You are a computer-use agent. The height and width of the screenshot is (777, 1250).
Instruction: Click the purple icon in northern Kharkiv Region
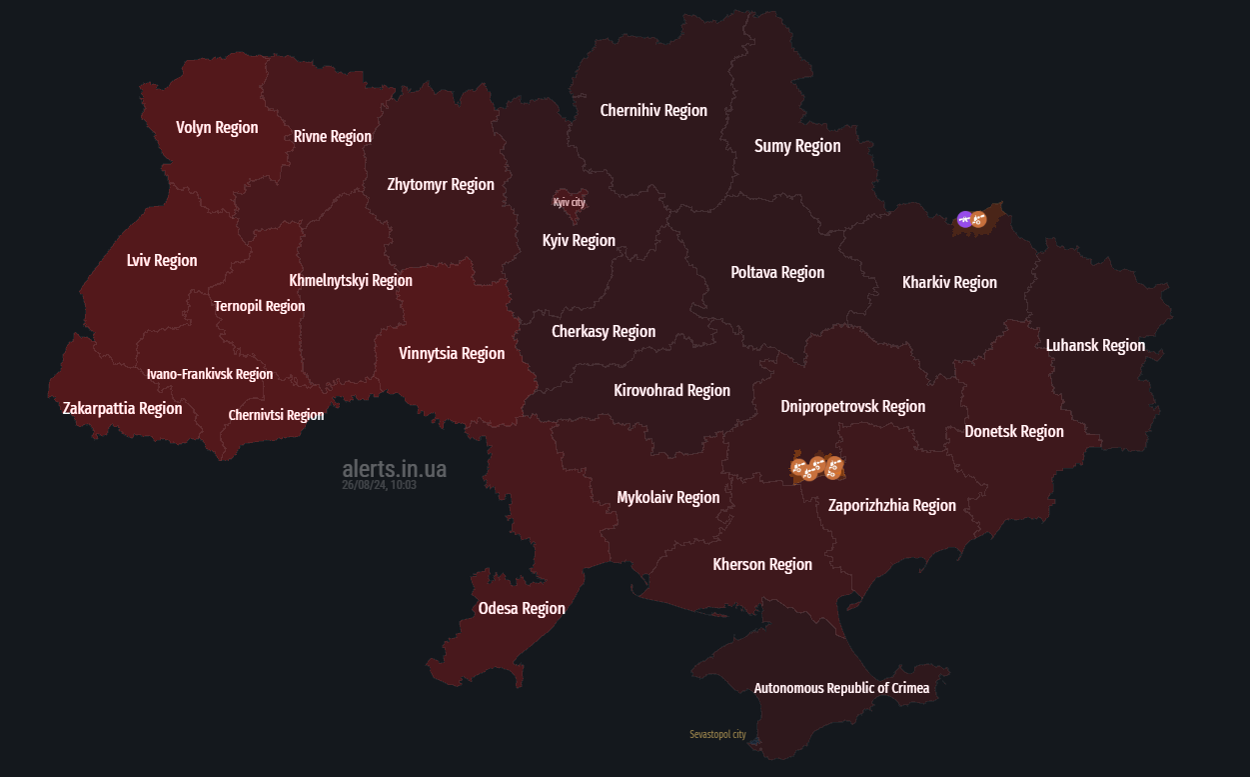(x=964, y=219)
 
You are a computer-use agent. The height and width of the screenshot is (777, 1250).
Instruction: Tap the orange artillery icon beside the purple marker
(x=979, y=219)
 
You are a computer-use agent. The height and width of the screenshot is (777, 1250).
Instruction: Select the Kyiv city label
(x=569, y=202)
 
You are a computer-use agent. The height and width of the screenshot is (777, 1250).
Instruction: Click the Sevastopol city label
(x=717, y=734)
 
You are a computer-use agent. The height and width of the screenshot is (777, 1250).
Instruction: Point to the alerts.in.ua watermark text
(x=394, y=469)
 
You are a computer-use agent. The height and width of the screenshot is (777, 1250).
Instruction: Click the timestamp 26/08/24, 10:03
(x=379, y=485)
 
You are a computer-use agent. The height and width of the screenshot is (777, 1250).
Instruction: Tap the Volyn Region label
(x=217, y=127)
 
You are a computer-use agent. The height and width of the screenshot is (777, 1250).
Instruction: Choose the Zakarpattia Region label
(x=122, y=408)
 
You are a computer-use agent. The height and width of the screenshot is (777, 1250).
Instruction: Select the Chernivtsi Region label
(x=276, y=415)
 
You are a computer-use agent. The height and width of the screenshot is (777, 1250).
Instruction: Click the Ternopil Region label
(x=259, y=306)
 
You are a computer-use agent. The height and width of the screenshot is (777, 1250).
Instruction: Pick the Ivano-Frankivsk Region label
(x=209, y=374)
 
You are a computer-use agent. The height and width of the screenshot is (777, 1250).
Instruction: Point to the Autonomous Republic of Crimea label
(x=840, y=688)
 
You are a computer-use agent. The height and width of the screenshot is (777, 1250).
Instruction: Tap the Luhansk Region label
(x=1095, y=345)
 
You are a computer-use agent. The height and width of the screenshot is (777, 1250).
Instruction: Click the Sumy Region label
(x=797, y=146)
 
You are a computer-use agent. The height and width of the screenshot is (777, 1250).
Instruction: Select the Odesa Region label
(x=522, y=608)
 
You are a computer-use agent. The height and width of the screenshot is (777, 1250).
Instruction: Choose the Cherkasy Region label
(x=604, y=331)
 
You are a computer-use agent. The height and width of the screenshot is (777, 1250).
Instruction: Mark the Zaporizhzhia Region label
(x=891, y=505)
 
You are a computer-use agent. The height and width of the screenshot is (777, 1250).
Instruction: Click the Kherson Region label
(x=762, y=564)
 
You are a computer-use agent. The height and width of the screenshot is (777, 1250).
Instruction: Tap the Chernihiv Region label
(x=653, y=110)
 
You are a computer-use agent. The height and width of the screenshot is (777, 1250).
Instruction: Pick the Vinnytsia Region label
(x=452, y=353)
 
